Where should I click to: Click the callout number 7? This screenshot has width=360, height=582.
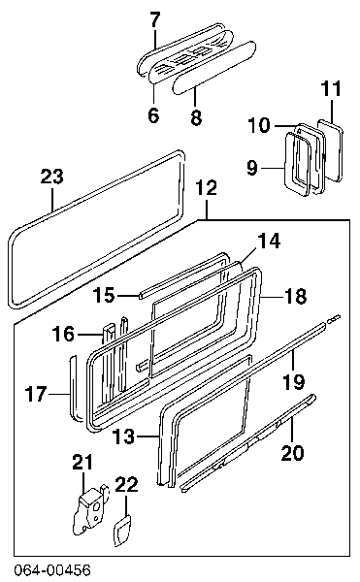click(x=155, y=20)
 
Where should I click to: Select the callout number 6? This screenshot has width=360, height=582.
click(x=153, y=114)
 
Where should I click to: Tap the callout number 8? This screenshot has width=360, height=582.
click(x=196, y=116)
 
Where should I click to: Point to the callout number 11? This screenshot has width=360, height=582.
click(x=331, y=88)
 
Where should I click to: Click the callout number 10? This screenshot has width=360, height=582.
click(x=259, y=125)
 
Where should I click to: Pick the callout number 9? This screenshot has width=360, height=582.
click(x=252, y=168)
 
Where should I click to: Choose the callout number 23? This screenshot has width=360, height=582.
click(x=52, y=177)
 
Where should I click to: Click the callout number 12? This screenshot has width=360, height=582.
click(x=207, y=188)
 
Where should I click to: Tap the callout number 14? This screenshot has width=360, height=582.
click(x=269, y=242)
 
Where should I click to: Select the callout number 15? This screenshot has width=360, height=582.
click(x=104, y=295)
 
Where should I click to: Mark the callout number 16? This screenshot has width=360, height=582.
click(x=63, y=334)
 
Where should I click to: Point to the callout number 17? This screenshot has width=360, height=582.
click(x=36, y=394)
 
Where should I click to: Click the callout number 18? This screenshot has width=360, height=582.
click(x=296, y=297)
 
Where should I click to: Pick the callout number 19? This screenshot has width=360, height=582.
click(x=294, y=381)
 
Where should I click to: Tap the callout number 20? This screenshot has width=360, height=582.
click(x=292, y=453)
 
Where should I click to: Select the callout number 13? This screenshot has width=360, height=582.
click(x=123, y=436)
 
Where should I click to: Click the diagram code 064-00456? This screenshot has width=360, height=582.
click(x=52, y=570)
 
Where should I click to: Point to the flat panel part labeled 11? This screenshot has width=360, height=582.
click(x=330, y=150)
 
